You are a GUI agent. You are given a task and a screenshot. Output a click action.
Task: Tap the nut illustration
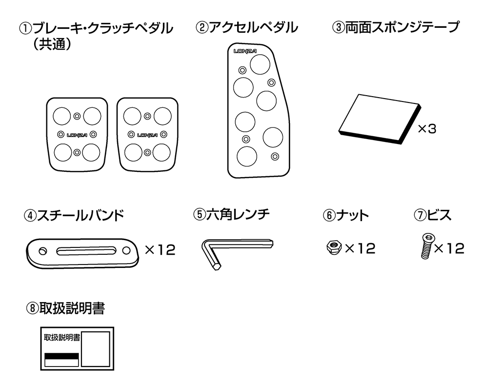click(x=334, y=248)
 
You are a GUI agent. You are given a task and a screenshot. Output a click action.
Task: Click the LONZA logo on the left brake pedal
click(x=77, y=135)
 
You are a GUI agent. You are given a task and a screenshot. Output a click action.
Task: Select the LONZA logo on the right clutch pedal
click(x=147, y=135)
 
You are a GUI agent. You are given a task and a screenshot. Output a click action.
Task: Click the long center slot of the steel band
click(x=86, y=251)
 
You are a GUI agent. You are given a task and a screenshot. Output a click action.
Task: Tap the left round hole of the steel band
click(x=43, y=251)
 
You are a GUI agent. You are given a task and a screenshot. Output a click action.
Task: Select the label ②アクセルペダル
click(x=246, y=27)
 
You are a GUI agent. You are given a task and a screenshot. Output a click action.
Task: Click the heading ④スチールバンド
click(x=73, y=215)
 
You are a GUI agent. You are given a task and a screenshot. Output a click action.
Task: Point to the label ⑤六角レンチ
click(x=231, y=214)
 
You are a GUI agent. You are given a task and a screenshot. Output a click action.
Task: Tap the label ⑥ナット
click(x=346, y=215)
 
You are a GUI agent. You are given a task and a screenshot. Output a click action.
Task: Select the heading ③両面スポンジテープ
click(x=395, y=27)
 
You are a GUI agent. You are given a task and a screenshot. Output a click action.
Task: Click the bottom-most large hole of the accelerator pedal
click(x=247, y=155)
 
